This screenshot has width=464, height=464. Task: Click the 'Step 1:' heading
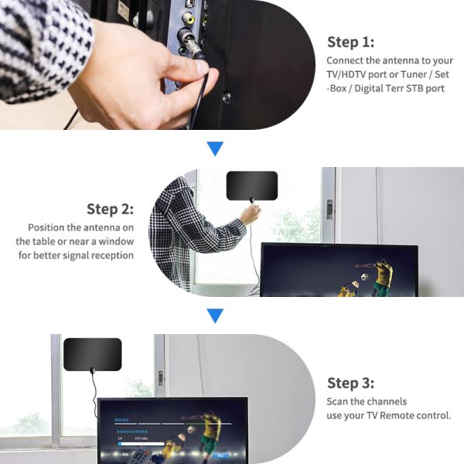click(x=350, y=42)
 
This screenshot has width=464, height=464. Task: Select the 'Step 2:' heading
click(x=110, y=209)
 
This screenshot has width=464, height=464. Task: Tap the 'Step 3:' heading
click(x=350, y=383)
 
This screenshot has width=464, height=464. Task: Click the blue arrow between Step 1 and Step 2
click(x=216, y=148)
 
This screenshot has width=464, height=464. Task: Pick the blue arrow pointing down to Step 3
click(x=216, y=316)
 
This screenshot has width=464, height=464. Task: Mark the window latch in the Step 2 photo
click(x=329, y=209)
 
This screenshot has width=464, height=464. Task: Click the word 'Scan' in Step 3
click(x=338, y=401)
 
